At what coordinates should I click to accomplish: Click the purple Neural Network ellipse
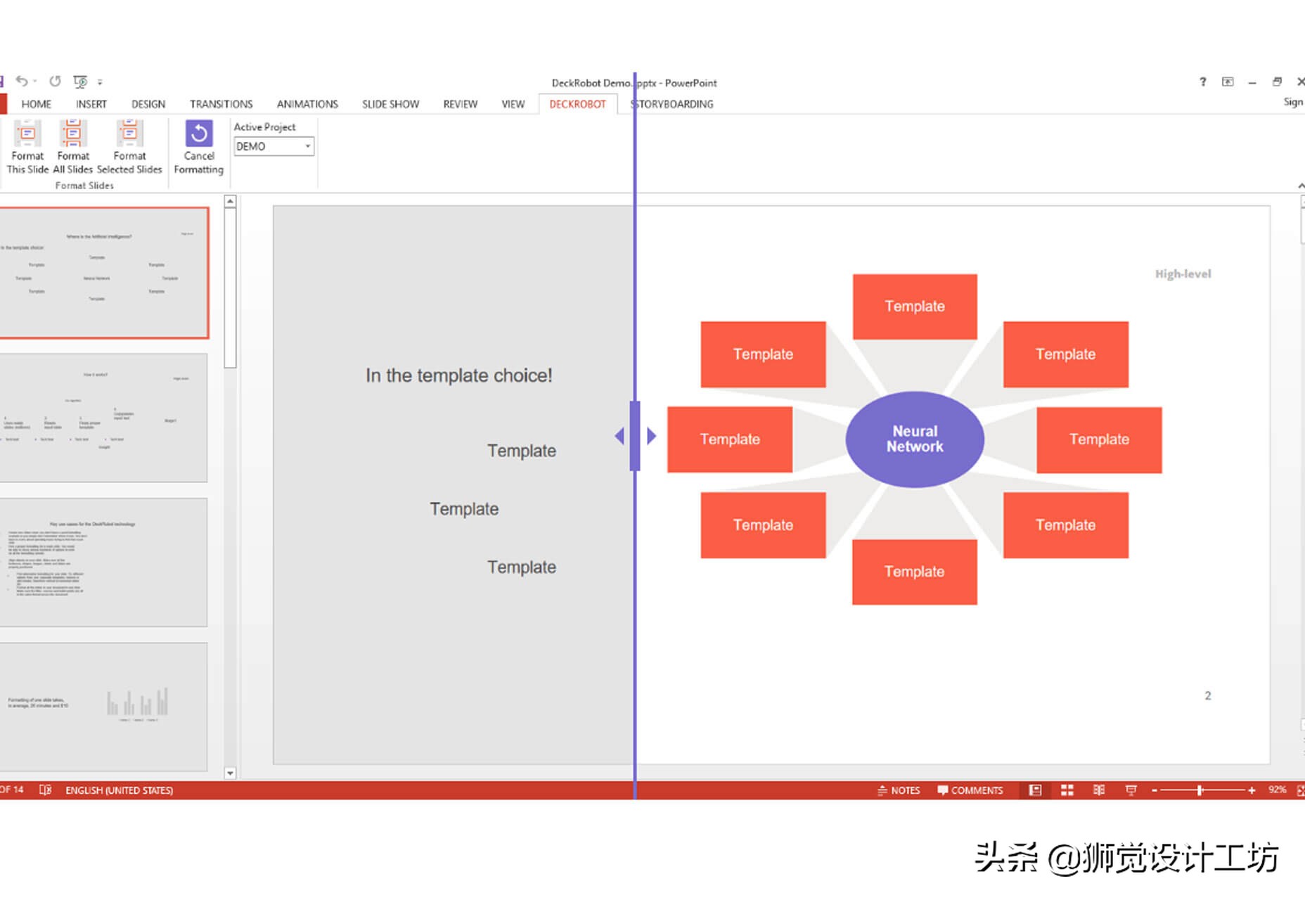point(914,439)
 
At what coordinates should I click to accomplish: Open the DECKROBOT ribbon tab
point(577,104)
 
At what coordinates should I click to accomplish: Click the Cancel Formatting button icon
point(199,134)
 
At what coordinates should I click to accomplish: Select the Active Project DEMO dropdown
point(274,146)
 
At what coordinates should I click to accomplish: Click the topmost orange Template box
point(914,307)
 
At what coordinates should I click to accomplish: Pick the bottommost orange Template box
point(914,572)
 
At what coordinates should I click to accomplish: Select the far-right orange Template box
point(1099,439)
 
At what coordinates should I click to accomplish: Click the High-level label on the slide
point(1183,274)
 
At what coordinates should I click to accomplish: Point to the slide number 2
point(1208,695)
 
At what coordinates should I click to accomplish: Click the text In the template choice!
point(458,375)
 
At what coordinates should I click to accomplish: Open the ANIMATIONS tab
point(307,104)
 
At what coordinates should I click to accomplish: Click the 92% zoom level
point(1277,790)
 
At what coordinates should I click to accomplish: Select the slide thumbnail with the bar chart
point(103,705)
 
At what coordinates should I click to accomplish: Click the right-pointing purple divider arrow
point(652,436)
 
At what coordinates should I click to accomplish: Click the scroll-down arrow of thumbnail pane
point(230,773)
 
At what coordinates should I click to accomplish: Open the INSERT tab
point(91,104)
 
